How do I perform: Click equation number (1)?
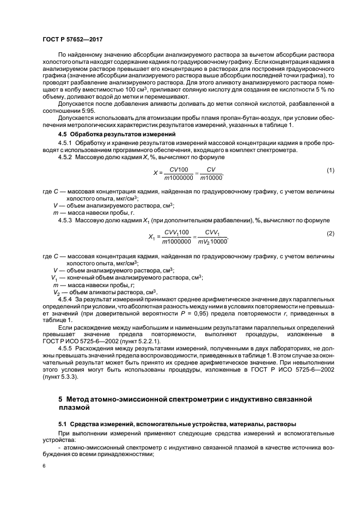(330, 171)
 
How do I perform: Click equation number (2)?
(330, 233)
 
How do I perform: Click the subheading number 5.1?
(63, 423)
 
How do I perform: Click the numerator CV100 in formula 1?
(178, 169)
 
